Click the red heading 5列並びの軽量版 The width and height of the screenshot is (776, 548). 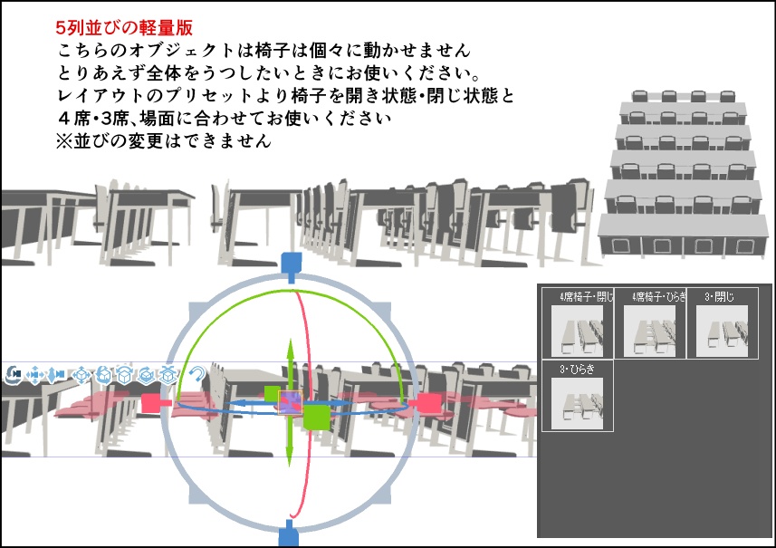(123, 28)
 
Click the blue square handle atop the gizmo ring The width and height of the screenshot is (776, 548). (290, 263)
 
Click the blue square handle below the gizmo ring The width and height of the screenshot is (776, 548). (290, 534)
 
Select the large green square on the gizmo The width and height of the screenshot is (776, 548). (316, 417)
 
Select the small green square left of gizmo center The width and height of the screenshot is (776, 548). (272, 393)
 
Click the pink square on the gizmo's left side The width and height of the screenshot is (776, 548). (151, 403)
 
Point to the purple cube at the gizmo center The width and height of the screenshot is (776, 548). (292, 403)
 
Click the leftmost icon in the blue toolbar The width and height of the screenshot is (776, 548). (14, 373)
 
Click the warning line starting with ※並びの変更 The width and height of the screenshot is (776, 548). (163, 142)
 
